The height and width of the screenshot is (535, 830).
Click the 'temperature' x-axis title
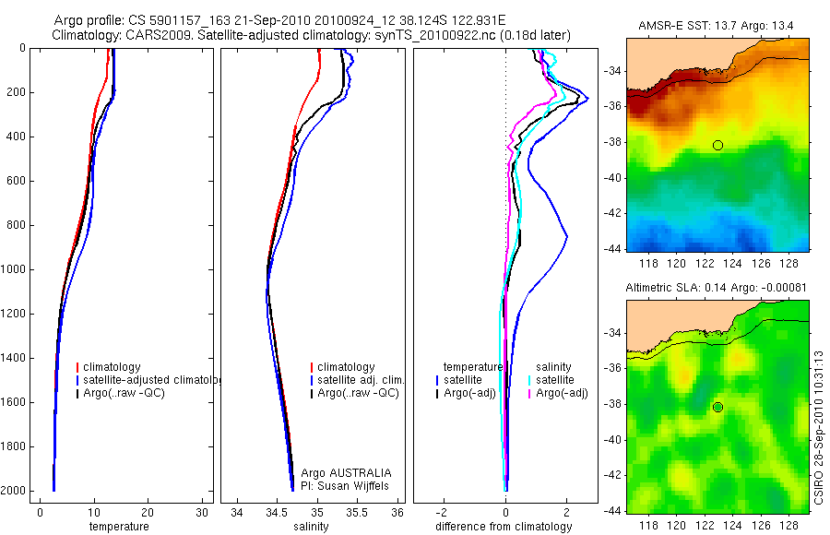pyautogui.click(x=119, y=527)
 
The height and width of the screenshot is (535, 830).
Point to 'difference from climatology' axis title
pyautogui.click(x=505, y=527)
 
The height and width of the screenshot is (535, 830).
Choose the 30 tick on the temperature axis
pyautogui.click(x=202, y=512)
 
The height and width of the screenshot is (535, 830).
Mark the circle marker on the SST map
pyautogui.click(x=717, y=145)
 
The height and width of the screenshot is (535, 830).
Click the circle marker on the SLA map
pyautogui.click(x=717, y=407)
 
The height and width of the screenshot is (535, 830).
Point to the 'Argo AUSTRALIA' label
pyautogui.click(x=339, y=472)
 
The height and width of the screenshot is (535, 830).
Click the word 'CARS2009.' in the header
pyautogui.click(x=152, y=35)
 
